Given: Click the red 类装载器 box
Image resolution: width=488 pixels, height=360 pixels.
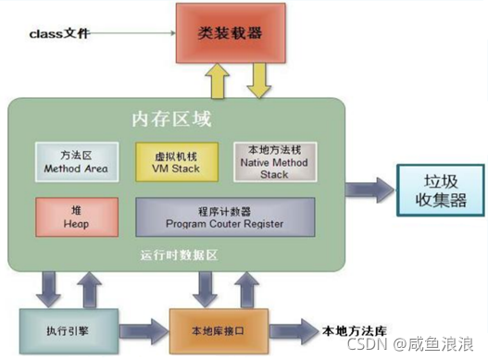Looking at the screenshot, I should (x=229, y=34).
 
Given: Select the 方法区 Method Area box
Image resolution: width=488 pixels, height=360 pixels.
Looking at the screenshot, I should (x=75, y=162).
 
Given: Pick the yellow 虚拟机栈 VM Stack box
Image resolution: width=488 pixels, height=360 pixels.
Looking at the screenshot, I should (x=174, y=162).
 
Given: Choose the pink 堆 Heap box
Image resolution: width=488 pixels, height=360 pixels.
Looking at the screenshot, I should (x=75, y=216).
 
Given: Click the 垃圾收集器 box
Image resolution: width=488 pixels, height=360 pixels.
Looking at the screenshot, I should (x=436, y=189).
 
